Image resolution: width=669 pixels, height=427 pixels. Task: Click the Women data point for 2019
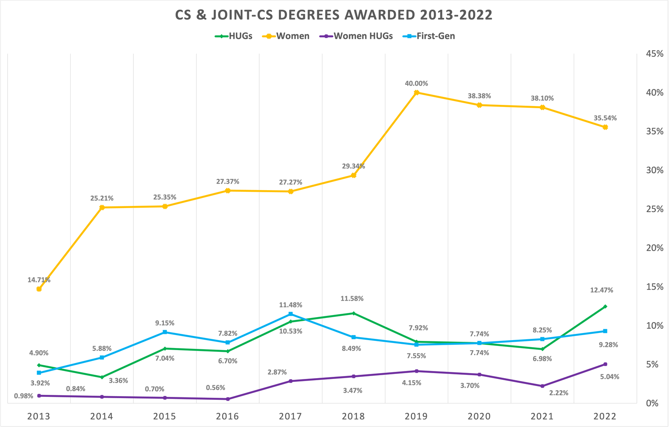(x=416, y=92)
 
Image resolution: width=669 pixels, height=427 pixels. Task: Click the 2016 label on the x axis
(x=227, y=416)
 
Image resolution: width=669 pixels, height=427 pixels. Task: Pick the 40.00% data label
(x=416, y=84)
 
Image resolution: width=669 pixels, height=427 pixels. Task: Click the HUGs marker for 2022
(x=605, y=307)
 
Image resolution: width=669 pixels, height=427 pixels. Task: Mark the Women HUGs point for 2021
(x=542, y=386)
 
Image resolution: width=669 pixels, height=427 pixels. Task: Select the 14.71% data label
(x=39, y=280)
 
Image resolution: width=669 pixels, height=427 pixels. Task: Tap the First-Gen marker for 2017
(x=291, y=314)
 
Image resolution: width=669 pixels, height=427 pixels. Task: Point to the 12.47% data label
(x=601, y=290)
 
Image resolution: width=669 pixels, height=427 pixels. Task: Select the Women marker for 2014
(x=102, y=207)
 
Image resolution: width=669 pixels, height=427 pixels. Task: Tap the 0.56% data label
(x=216, y=388)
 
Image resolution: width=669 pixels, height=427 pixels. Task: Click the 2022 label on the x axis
(x=605, y=416)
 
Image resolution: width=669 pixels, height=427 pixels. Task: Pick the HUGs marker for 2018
(x=354, y=313)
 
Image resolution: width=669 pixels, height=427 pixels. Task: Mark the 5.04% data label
(x=609, y=376)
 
